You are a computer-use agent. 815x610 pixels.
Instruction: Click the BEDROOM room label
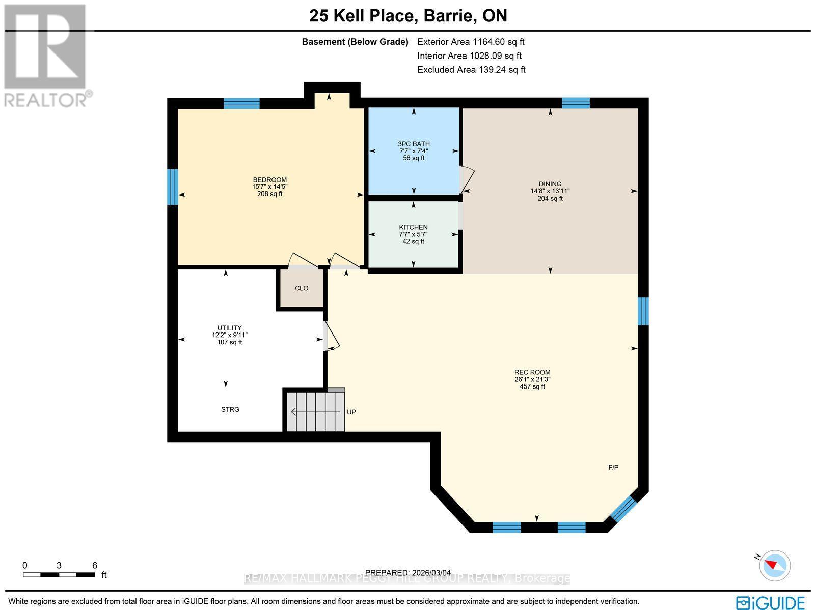click(x=269, y=180)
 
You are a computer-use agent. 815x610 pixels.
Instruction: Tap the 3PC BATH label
click(x=414, y=144)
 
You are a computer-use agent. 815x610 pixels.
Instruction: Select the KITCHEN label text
click(x=413, y=227)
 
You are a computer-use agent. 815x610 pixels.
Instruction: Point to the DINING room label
click(x=550, y=184)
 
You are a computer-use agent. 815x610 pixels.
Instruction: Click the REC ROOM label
click(x=532, y=372)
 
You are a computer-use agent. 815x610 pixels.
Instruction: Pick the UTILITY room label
click(x=229, y=328)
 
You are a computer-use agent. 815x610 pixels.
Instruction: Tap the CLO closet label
click(x=302, y=288)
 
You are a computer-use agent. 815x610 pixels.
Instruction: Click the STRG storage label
click(x=230, y=409)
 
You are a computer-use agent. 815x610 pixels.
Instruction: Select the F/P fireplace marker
click(x=613, y=467)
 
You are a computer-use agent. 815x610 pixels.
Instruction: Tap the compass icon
click(x=774, y=565)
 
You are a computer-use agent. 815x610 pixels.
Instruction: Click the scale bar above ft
click(x=59, y=575)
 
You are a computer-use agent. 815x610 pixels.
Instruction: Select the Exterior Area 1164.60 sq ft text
click(x=471, y=42)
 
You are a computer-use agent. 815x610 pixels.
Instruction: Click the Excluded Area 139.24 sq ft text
click(x=471, y=70)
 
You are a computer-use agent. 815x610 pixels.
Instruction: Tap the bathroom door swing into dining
click(x=467, y=180)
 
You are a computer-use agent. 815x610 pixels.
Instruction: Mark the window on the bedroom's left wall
click(x=173, y=186)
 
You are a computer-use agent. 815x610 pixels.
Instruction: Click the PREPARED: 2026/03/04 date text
click(x=408, y=573)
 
